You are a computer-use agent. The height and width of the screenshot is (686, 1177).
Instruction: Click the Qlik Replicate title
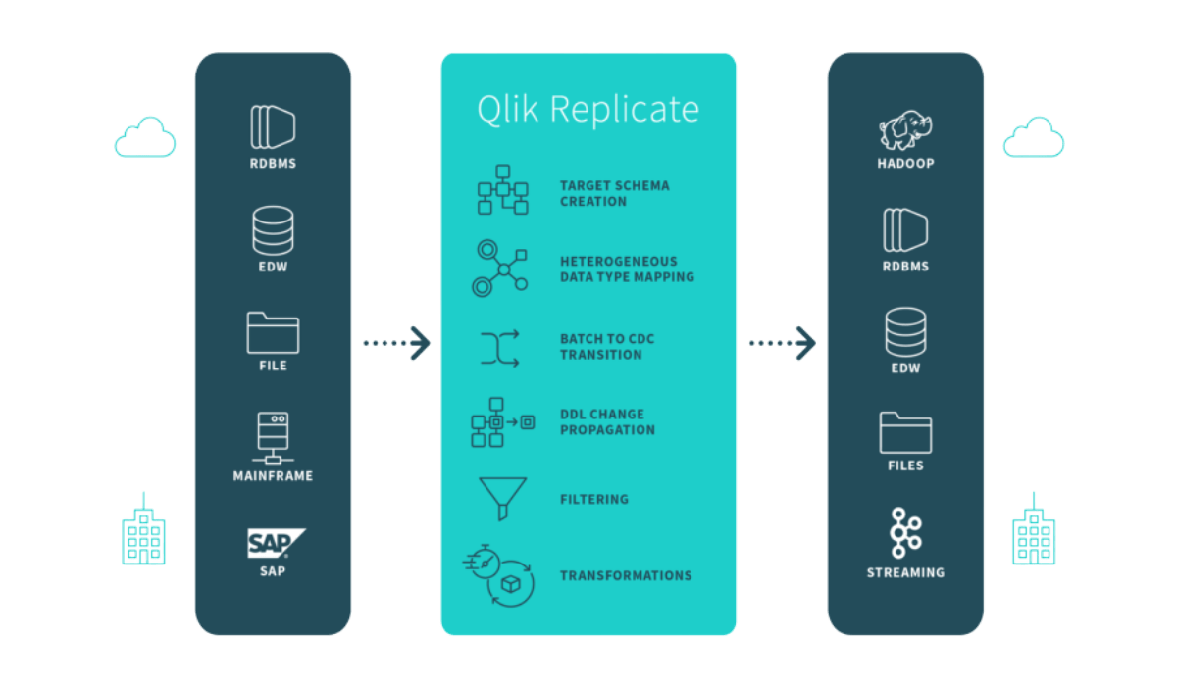(588, 110)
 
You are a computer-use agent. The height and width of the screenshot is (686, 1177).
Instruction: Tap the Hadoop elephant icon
(905, 129)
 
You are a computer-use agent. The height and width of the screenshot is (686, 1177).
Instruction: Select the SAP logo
(276, 543)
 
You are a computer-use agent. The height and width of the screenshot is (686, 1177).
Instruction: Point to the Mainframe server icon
(273, 438)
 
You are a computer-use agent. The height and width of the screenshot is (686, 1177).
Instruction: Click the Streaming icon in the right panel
(905, 532)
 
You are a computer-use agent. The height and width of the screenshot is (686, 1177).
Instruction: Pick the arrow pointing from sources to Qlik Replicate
(396, 343)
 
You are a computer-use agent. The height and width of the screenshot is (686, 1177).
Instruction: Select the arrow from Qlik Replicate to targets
(783, 343)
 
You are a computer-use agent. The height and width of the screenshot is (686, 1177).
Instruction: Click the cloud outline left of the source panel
(145, 137)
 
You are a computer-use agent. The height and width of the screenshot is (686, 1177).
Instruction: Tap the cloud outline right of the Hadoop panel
(1034, 137)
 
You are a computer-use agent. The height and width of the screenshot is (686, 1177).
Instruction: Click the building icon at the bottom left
(143, 529)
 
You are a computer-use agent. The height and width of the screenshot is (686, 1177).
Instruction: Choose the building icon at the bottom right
(1034, 529)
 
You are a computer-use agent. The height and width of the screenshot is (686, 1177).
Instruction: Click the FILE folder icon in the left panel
(273, 333)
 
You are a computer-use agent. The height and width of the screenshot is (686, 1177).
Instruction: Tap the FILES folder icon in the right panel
(905, 432)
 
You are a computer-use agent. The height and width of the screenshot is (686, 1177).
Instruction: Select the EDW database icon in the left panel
(273, 230)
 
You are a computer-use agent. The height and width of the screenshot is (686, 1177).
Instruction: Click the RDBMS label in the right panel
(905, 267)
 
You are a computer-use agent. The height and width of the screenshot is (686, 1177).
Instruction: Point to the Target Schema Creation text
(614, 194)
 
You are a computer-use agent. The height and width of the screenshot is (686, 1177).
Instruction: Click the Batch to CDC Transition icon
(499, 348)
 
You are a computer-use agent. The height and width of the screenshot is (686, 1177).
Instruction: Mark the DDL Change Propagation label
(607, 422)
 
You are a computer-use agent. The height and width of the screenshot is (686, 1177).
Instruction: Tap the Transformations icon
(499, 576)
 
